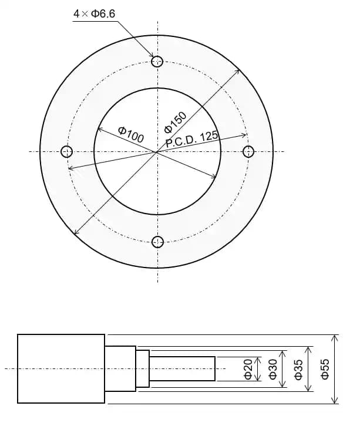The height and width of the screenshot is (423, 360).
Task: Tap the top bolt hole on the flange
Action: (x=157, y=61)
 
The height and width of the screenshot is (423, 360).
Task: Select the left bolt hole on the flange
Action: (x=67, y=151)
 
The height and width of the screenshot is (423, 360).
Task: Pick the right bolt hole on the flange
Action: (x=248, y=151)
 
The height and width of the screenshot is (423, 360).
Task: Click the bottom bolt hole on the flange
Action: (x=157, y=242)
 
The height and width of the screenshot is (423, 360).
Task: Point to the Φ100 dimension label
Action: (x=131, y=134)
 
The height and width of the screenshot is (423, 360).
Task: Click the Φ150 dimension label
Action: (x=175, y=120)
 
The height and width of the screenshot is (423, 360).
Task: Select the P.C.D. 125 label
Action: (x=192, y=138)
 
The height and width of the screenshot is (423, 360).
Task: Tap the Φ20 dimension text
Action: (x=248, y=368)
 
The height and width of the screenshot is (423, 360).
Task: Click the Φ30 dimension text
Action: (x=272, y=368)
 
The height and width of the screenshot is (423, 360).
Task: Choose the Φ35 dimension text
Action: (x=298, y=368)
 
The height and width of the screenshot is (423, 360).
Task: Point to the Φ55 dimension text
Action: (x=325, y=368)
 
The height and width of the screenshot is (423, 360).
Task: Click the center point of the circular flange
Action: (x=157, y=151)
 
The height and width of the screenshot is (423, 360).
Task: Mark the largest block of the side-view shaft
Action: (x=61, y=368)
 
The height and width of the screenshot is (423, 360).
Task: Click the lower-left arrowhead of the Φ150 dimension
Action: (x=75, y=233)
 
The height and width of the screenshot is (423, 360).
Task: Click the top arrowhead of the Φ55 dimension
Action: (x=335, y=338)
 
